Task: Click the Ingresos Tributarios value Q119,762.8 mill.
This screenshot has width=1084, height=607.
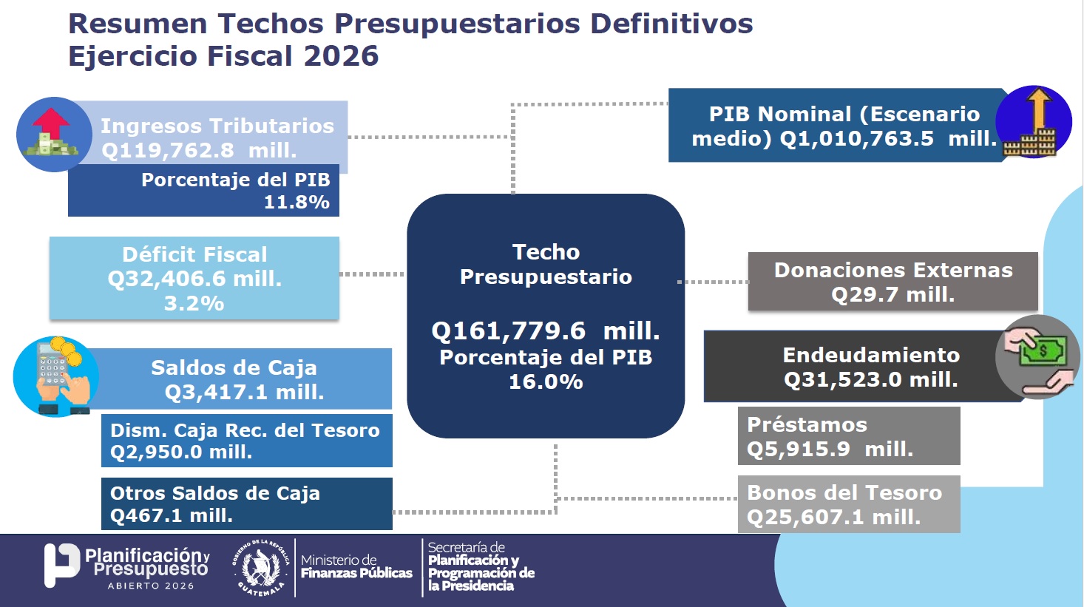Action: [198, 150]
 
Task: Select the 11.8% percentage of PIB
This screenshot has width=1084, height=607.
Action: [297, 202]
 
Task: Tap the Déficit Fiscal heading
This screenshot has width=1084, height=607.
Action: [194, 254]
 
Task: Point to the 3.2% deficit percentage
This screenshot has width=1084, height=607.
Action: [194, 303]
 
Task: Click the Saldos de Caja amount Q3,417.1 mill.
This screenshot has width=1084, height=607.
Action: [244, 392]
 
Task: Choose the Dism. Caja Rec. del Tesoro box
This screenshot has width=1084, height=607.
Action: [246, 441]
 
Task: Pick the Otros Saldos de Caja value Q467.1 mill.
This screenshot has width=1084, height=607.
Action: [172, 515]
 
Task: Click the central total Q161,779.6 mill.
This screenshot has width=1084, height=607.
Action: [545, 330]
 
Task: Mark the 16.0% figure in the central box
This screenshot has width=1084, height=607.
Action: [546, 382]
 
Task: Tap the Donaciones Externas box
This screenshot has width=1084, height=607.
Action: [892, 282]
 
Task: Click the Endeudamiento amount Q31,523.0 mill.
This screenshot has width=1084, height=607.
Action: [870, 379]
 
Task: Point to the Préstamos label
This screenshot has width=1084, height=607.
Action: [807, 424]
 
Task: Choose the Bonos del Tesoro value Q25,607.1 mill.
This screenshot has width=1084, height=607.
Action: [833, 517]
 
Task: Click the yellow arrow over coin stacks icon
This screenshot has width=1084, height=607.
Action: [1033, 123]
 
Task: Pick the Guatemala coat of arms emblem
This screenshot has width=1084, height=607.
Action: [260, 568]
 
